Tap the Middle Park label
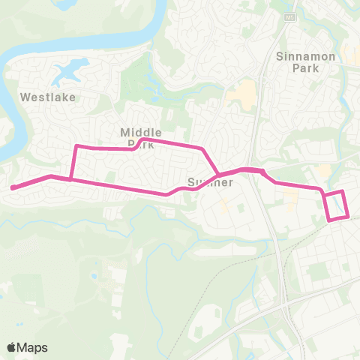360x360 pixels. click(136, 136)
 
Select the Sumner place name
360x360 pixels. click(211, 182)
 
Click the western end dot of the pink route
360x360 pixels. click(13, 187)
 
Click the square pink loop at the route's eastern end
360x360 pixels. click(337, 205)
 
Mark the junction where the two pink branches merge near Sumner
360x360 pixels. click(218, 175)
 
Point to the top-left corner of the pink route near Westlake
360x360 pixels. click(76, 146)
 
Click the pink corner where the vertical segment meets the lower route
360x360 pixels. click(70, 179)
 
